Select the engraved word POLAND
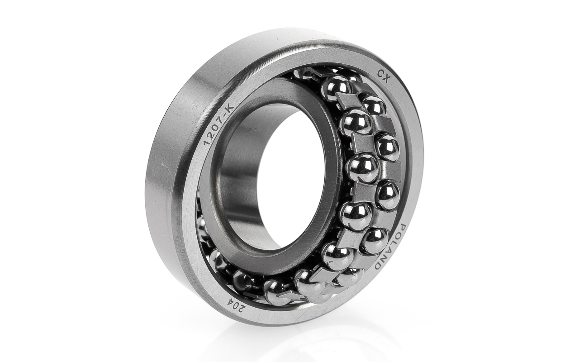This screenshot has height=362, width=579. click(390, 247)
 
